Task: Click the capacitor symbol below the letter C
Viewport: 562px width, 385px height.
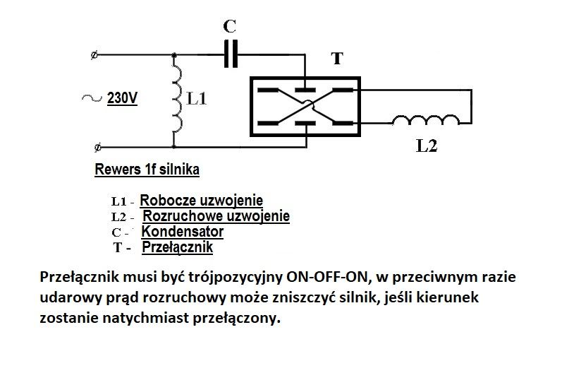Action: click(231, 54)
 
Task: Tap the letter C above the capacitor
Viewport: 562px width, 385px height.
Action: click(229, 26)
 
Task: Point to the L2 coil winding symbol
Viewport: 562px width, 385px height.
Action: click(426, 120)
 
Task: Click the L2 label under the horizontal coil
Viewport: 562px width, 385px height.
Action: click(427, 146)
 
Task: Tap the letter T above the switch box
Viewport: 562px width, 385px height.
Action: click(337, 58)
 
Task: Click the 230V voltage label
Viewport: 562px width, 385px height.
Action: click(122, 97)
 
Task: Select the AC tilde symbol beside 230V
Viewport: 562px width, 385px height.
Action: click(92, 97)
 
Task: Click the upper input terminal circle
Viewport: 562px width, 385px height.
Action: click(94, 55)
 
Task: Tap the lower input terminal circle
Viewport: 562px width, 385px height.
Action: click(97, 147)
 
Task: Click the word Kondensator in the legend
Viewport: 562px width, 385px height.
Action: click(183, 231)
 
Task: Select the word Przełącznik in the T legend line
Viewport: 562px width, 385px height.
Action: click(178, 247)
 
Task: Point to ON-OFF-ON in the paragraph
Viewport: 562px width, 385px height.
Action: click(327, 277)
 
